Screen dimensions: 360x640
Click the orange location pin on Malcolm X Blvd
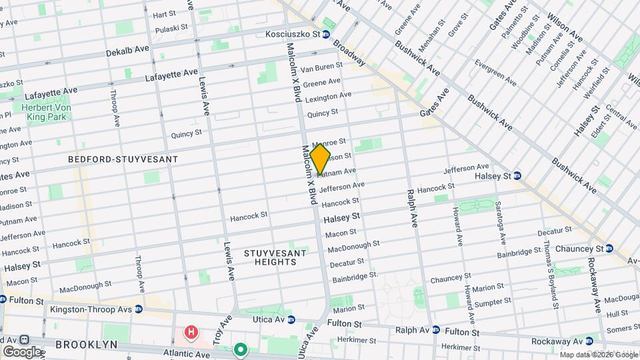tap(320, 159)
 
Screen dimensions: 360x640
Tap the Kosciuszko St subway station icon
tap(326, 34)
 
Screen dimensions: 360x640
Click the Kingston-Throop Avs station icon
tap(138, 309)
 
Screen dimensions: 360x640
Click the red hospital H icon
tap(192, 331)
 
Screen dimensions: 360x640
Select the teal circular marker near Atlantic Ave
tap(240, 349)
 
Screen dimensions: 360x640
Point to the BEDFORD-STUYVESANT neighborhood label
tap(123, 159)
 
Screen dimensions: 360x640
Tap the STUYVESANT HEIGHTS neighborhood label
tap(275, 257)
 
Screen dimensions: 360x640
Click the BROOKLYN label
tap(86, 345)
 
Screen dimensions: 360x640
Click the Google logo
tap(21, 351)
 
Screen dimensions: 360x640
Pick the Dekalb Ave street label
tap(127, 51)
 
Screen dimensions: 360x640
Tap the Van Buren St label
tap(322, 67)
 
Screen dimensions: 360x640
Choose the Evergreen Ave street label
tap(495, 73)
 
